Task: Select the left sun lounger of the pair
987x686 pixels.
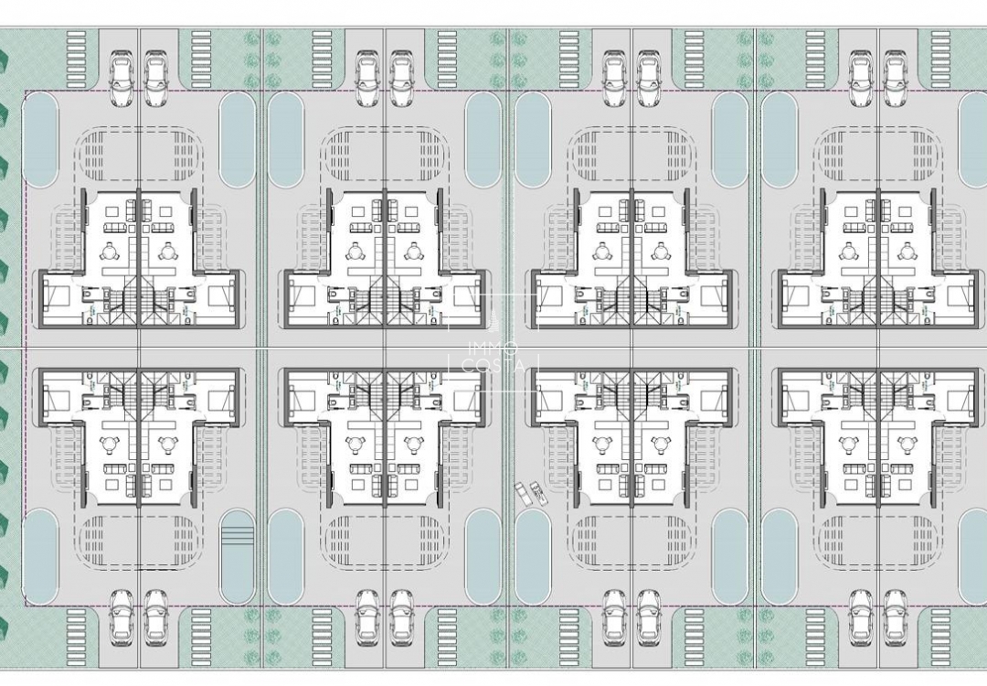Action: tap(524, 492)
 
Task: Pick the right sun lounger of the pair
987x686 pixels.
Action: tap(537, 494)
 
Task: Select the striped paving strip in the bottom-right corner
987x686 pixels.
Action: tap(941, 631)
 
